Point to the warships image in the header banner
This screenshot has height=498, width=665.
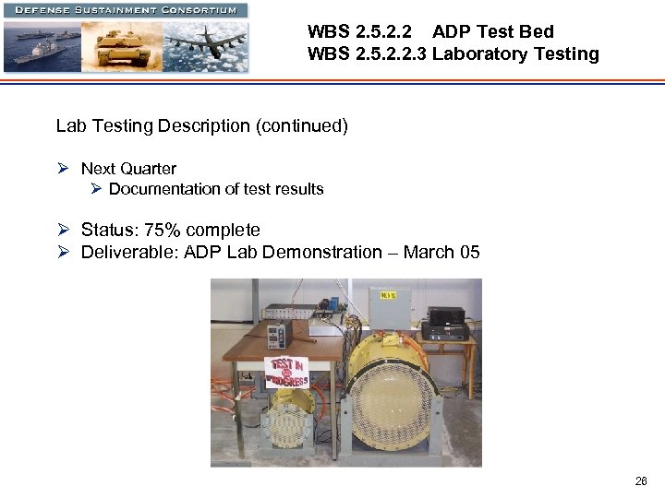pos(42,46)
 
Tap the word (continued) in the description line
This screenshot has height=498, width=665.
pos(302,125)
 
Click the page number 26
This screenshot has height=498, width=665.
pos(641,480)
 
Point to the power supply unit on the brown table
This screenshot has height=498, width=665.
pos(279,331)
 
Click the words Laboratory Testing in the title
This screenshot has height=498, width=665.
pos(515,53)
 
